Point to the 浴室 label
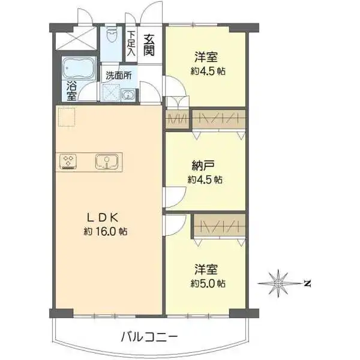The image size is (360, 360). point(71,90)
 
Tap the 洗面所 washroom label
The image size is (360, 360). point(119,76)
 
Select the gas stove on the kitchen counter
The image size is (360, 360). point(69,161)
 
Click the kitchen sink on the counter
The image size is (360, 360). point(107,161)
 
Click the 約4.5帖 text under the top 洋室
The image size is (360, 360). point(208,71)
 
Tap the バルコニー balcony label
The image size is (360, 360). point(148,337)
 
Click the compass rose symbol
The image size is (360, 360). point(278,283)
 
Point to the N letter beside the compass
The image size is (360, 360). point(306,283)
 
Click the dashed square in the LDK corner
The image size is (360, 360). point(66,117)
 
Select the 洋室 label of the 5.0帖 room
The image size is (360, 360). point(205,269)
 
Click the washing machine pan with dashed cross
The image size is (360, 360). point(111,93)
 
